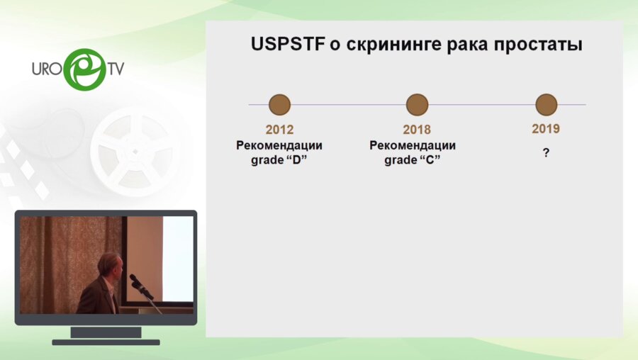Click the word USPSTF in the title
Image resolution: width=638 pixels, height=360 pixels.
click(288, 44)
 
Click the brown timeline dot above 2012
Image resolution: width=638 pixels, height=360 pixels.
click(279, 105)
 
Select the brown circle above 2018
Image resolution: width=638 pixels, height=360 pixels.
click(417, 105)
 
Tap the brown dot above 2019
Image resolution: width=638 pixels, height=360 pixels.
click(546, 105)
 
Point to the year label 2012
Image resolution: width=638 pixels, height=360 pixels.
click(279, 130)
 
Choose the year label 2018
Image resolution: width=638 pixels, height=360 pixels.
click(417, 130)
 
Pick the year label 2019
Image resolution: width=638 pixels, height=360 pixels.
click(546, 128)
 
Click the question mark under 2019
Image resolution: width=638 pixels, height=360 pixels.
click(546, 153)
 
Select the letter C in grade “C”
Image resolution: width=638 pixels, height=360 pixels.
click(430, 160)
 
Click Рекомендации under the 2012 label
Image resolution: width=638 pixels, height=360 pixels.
click(279, 145)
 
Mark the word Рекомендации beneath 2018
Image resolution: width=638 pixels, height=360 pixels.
click(413, 145)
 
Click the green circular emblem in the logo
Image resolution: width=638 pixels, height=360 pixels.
click(85, 69)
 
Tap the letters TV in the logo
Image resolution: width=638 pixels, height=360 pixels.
click(116, 69)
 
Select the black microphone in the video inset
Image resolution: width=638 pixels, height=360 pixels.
click(141, 286)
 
